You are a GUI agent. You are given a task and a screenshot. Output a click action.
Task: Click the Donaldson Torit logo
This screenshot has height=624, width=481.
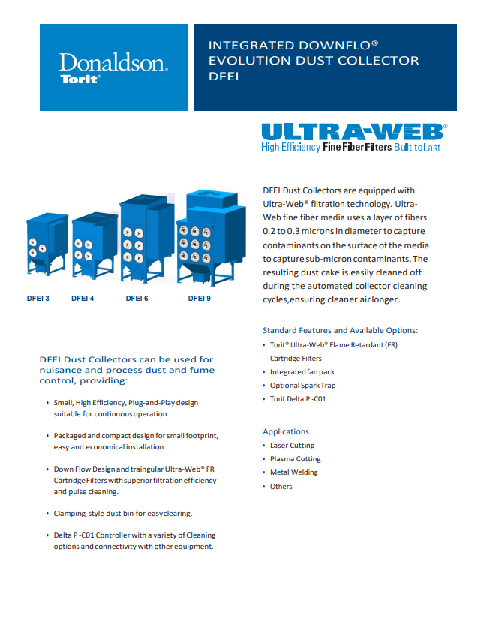[x=113, y=67]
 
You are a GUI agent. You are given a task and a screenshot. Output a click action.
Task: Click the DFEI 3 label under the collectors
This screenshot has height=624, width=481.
[x=38, y=298]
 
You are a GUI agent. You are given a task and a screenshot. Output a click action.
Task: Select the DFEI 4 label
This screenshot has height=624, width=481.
[x=83, y=298]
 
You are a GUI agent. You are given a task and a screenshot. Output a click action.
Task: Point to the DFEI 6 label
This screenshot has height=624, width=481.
[x=137, y=298]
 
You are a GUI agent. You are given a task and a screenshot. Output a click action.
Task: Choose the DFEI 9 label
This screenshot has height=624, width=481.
[x=199, y=298]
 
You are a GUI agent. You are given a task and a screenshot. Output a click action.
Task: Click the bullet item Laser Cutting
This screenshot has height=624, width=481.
[x=292, y=445]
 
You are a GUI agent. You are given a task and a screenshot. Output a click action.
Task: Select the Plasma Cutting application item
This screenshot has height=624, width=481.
[x=295, y=459]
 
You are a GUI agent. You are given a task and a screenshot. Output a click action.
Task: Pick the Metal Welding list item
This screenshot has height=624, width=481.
[x=293, y=472]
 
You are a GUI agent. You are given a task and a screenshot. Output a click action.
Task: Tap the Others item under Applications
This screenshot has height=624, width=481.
[x=281, y=487]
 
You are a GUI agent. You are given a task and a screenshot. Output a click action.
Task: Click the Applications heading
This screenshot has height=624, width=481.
[x=286, y=431]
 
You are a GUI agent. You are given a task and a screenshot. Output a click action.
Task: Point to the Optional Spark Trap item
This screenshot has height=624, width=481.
[x=302, y=385]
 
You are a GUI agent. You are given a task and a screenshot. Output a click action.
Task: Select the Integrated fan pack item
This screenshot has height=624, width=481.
[x=302, y=372]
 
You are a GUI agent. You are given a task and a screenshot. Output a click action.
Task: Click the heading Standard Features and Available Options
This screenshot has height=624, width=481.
[x=340, y=330]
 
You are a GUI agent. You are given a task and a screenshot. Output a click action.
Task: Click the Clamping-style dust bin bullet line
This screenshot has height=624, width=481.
[x=123, y=514]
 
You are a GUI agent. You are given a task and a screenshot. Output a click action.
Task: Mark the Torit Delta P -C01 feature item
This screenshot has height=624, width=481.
[x=298, y=399]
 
